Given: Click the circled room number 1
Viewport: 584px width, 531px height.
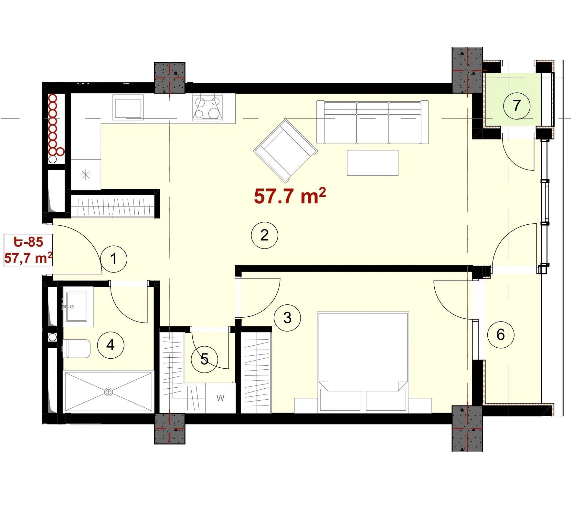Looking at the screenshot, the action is pyautogui.click(x=113, y=259).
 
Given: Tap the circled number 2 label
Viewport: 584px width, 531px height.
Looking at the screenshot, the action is pyautogui.click(x=264, y=235).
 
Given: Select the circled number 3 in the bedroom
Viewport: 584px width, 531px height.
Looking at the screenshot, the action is pyautogui.click(x=287, y=318).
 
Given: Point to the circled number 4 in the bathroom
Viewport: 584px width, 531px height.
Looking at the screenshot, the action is pyautogui.click(x=111, y=345).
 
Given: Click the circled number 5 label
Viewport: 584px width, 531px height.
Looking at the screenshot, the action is pyautogui.click(x=204, y=359).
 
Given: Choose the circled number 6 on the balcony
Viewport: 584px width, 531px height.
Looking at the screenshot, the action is pyautogui.click(x=501, y=334).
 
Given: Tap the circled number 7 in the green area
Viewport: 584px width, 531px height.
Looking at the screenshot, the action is pyautogui.click(x=517, y=106).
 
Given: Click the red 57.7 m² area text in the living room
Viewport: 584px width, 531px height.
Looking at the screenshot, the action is pyautogui.click(x=290, y=196).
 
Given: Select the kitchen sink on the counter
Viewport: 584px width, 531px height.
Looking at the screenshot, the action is pyautogui.click(x=128, y=108).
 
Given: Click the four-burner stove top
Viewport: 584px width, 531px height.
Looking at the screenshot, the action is pyautogui.click(x=207, y=107).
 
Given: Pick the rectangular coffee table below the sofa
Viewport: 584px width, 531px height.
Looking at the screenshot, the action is pyautogui.click(x=372, y=163).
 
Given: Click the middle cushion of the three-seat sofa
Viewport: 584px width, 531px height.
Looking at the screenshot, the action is pyautogui.click(x=373, y=123).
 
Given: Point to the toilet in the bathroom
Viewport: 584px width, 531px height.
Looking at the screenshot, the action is pyautogui.click(x=76, y=348).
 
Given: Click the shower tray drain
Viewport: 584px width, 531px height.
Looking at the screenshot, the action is pyautogui.click(x=109, y=392).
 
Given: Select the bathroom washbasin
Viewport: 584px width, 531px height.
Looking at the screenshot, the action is pyautogui.click(x=77, y=307).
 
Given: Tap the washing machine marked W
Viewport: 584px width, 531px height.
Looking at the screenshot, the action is pyautogui.click(x=220, y=398).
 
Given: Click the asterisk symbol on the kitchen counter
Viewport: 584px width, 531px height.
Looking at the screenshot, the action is pyautogui.click(x=86, y=175).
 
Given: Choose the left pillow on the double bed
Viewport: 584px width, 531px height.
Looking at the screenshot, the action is pyautogui.click(x=340, y=400).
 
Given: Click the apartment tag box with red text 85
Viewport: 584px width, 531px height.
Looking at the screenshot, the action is pyautogui.click(x=28, y=250).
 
